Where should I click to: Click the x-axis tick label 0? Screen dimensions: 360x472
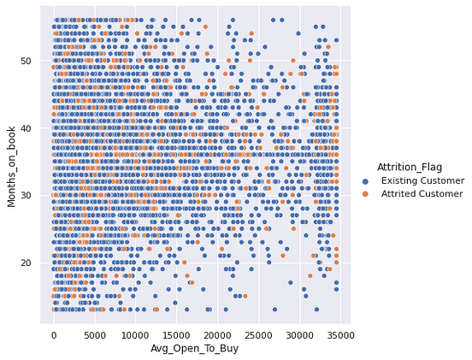(x=53, y=336)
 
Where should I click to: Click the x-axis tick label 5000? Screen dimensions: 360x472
(x=94, y=336)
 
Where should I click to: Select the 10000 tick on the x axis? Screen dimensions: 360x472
(x=135, y=336)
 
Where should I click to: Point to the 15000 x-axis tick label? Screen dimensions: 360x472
(x=176, y=336)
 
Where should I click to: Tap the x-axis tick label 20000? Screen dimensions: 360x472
(x=217, y=336)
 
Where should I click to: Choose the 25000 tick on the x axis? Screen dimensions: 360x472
(x=258, y=336)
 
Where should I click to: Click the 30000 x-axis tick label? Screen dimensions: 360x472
(x=298, y=336)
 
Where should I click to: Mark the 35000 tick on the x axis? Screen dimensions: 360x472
(x=339, y=336)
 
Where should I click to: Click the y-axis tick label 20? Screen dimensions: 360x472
(x=27, y=263)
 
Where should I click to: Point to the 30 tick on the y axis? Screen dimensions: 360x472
(x=27, y=196)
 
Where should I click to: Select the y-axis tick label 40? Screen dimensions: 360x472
(x=27, y=128)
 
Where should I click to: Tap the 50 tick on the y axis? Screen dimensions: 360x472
(x=27, y=61)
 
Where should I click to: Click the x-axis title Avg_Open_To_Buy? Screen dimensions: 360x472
(x=196, y=350)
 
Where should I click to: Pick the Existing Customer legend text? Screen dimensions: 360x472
(x=422, y=181)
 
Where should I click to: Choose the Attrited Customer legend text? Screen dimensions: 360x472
(x=422, y=194)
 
